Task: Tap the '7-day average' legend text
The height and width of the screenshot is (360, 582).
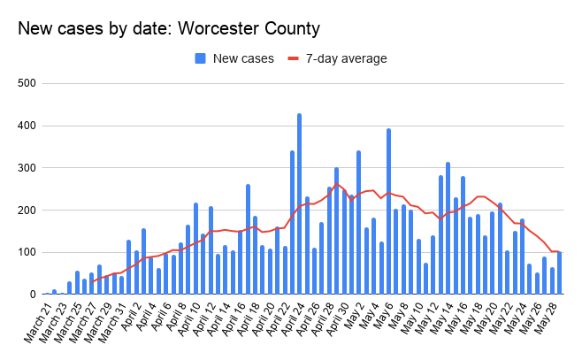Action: coord(346,59)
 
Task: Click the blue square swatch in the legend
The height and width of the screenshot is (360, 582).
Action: coord(200,59)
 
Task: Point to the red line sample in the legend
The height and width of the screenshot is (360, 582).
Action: coord(293,59)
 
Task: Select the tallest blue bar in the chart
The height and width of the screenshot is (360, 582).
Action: coord(299,204)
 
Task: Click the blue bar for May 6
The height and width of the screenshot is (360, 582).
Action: coord(388,211)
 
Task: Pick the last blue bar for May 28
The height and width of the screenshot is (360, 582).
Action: coord(559,273)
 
